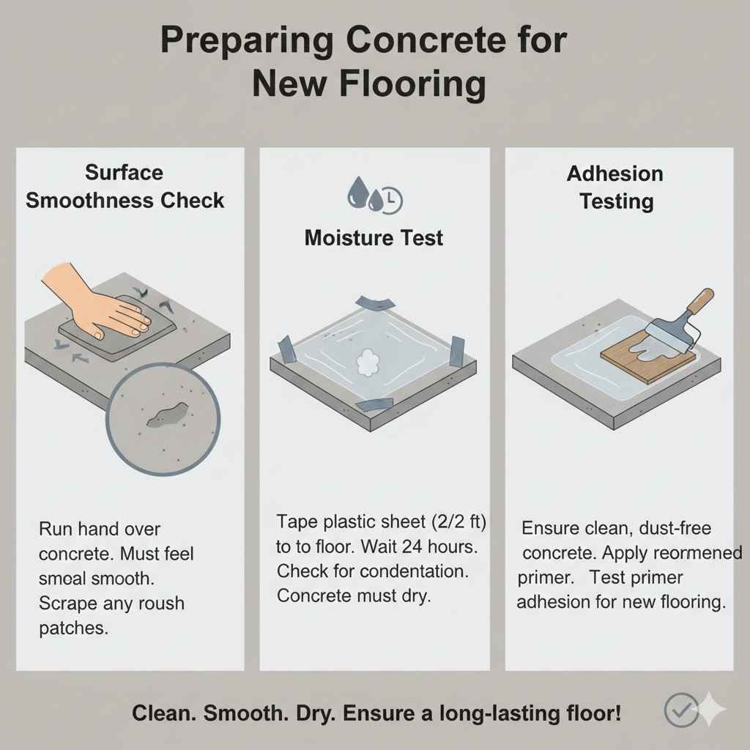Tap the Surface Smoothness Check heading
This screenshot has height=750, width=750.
click(125, 187)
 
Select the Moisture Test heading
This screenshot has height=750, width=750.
click(374, 237)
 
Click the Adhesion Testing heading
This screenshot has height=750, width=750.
click(616, 187)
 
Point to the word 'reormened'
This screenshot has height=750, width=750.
click(695, 552)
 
